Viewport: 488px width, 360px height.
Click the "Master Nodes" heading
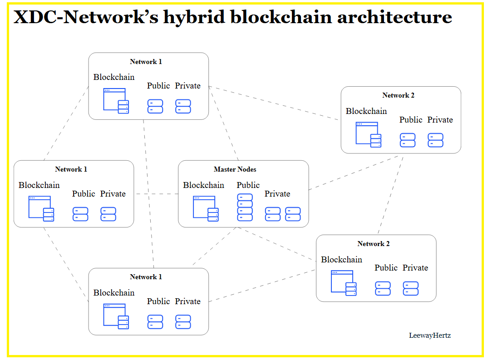(235, 169)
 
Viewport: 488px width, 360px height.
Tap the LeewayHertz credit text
(429, 335)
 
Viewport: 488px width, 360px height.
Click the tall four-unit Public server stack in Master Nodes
(245, 207)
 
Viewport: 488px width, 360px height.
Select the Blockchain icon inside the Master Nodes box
(206, 209)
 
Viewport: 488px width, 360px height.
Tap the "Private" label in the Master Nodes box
(277, 194)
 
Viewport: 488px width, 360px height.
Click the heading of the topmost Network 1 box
(146, 62)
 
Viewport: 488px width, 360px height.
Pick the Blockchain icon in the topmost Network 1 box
(116, 101)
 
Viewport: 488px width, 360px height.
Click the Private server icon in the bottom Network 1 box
(183, 322)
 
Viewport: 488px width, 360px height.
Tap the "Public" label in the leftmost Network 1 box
(84, 194)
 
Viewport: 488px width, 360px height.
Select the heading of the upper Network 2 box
(398, 95)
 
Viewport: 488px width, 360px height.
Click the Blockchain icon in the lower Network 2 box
(344, 283)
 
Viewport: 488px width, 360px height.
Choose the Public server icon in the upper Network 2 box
(408, 140)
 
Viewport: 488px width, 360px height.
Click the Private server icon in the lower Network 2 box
(411, 289)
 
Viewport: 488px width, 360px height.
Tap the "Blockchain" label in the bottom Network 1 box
(114, 293)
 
